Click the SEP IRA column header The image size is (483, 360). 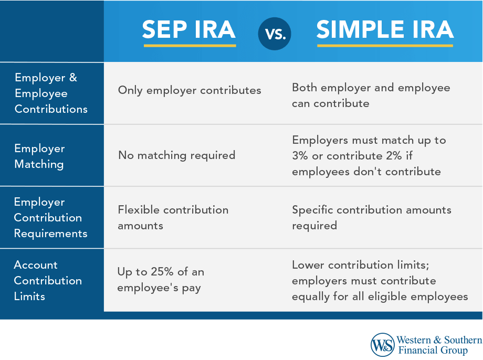point(189,30)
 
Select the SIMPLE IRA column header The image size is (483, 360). point(385,30)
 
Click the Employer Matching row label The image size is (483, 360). point(39,156)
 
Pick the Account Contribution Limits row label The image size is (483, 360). point(48,280)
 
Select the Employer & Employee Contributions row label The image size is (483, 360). point(51,93)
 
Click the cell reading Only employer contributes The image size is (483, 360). point(190,90)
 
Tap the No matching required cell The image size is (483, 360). point(176,155)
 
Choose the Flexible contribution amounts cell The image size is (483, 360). point(173,218)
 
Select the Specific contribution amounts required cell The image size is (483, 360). point(371,218)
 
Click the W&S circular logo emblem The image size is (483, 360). point(382,345)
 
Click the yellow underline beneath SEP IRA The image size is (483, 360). point(190,46)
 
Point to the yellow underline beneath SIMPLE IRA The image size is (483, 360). point(385,46)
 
